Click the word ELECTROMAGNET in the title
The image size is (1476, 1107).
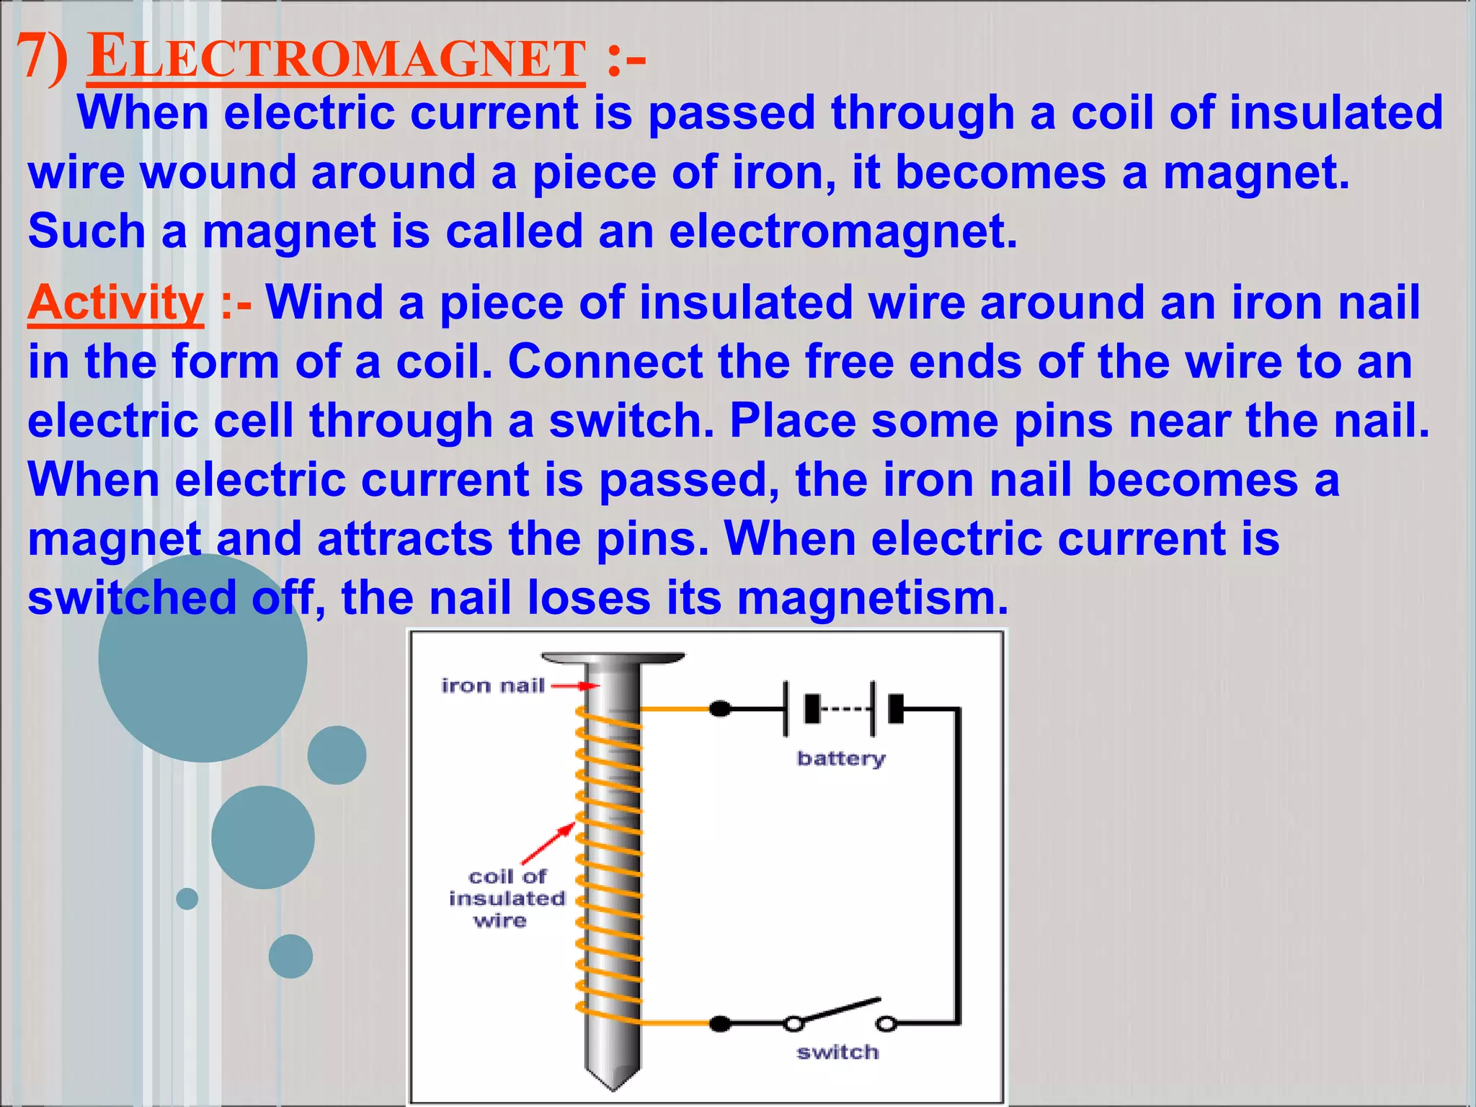336,58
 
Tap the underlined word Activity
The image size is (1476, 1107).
115,303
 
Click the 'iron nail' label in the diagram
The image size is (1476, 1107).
493,685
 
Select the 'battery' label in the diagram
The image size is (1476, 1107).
841,758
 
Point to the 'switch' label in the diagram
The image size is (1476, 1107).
837,1052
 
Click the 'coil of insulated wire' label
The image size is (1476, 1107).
507,898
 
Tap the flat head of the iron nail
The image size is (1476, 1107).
613,659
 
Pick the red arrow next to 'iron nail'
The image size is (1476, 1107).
575,686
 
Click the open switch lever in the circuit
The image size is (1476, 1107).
840,1010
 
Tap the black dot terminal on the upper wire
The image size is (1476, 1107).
720,709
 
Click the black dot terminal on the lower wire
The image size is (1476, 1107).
720,1023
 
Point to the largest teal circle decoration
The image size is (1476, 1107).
203,657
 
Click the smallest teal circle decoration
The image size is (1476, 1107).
187,899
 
